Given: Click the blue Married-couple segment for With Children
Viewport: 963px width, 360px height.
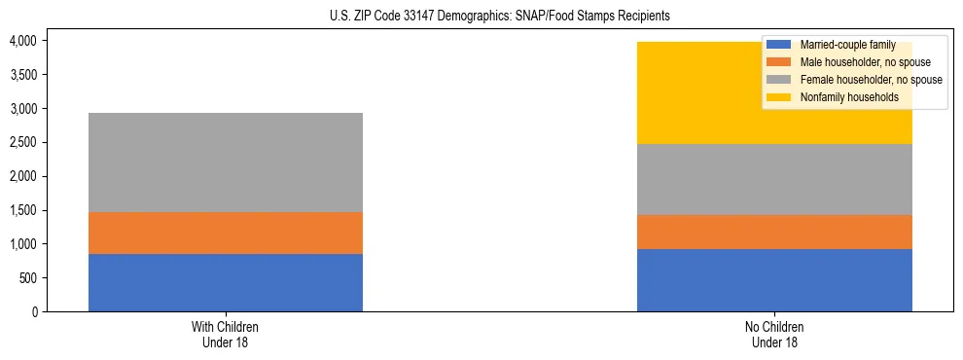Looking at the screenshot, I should pos(226,282).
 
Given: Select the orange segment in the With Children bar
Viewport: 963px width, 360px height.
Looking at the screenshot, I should pos(226,233).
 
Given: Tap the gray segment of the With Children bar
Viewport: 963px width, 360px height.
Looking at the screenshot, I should pos(226,162).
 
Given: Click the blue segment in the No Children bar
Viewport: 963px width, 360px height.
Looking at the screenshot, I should pos(774,280).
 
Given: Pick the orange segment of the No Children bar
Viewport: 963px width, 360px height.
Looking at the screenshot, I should pos(774,232).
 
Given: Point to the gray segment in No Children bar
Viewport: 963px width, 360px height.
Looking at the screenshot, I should pos(774,179).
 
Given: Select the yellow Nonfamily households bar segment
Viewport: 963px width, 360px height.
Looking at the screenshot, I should pos(681,92).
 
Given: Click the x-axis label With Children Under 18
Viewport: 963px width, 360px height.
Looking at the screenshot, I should pos(226,335).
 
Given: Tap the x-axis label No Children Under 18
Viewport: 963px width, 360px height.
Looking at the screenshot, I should pos(774,335).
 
